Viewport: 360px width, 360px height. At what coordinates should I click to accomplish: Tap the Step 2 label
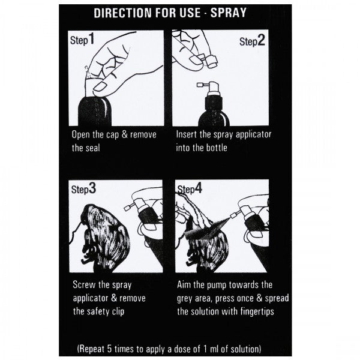click(253, 41)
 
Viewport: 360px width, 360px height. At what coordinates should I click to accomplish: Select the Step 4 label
click(191, 190)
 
